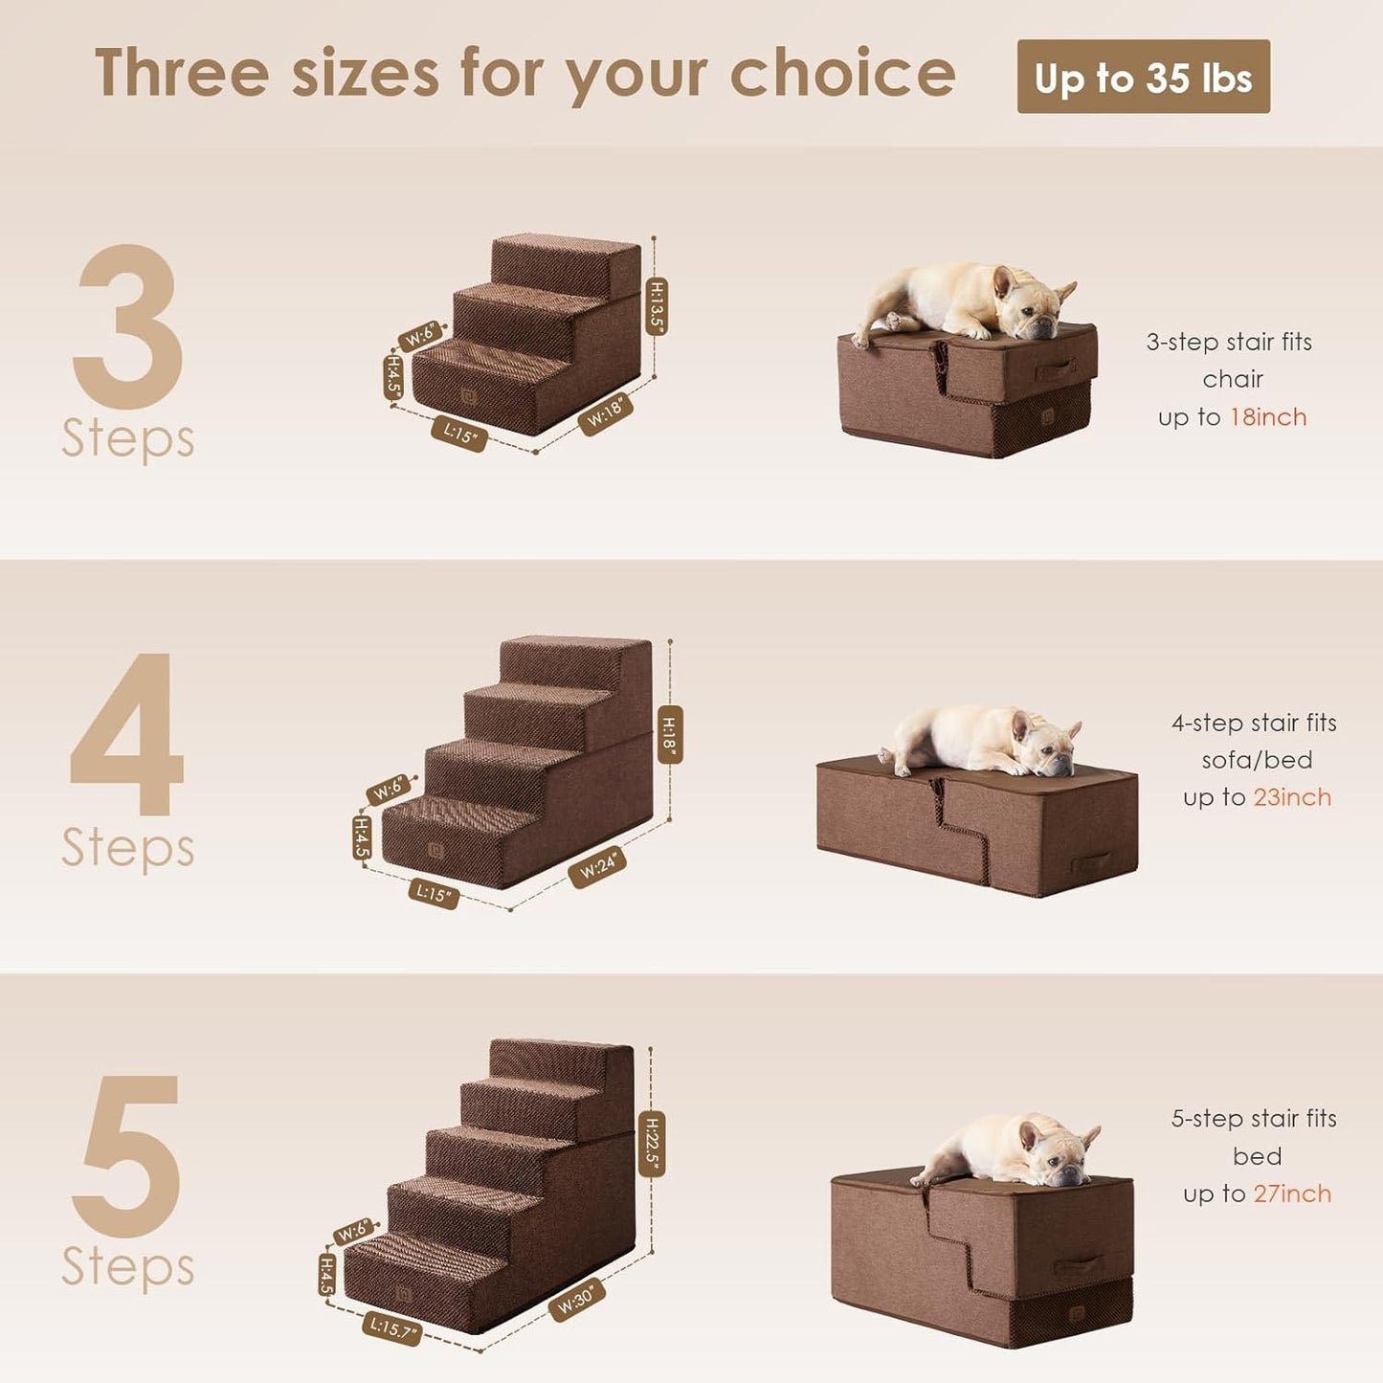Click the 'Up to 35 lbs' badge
tap(1143, 77)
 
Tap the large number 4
tap(127, 735)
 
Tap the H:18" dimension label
tap(670, 734)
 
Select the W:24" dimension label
tap(598, 867)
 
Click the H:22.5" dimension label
tap(652, 1144)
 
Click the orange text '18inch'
tap(1268, 417)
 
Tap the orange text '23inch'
tap(1292, 797)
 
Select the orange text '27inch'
tap(1292, 1193)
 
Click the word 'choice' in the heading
tap(842, 74)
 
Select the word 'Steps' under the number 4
tap(127, 848)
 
